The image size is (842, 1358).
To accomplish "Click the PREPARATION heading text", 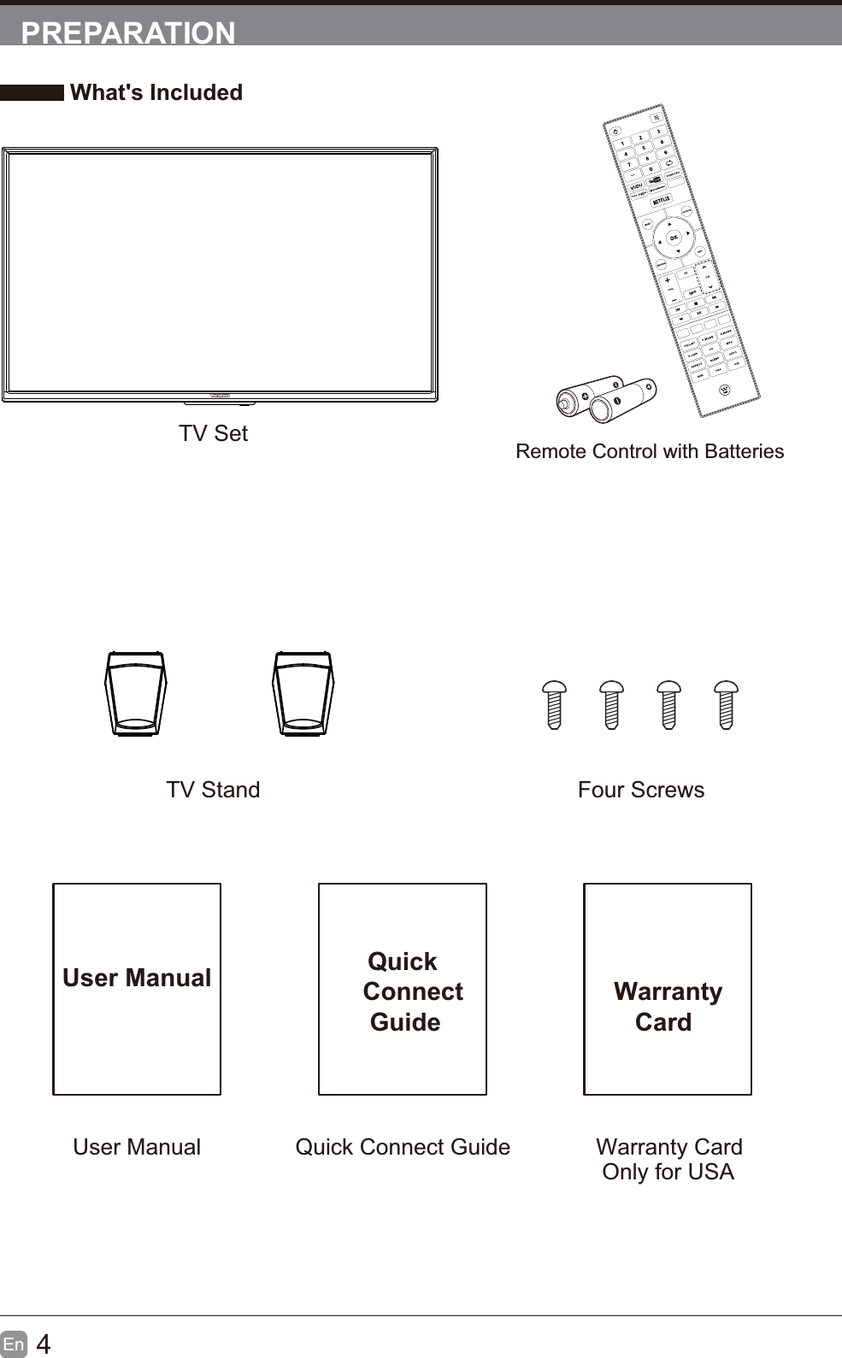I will pyautogui.click(x=128, y=32).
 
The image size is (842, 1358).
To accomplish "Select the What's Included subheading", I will pyautogui.click(x=156, y=92).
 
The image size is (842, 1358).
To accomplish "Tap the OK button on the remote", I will pyautogui.click(x=674, y=238).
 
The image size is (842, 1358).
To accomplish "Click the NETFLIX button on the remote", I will pyautogui.click(x=662, y=201).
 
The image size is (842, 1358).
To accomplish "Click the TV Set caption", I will pyautogui.click(x=213, y=433).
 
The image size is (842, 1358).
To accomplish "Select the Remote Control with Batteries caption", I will pyautogui.click(x=650, y=451).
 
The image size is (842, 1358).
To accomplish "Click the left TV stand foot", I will pyautogui.click(x=135, y=693).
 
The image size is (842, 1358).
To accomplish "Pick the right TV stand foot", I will pyautogui.click(x=303, y=693).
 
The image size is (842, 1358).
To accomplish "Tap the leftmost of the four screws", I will pyautogui.click(x=555, y=704).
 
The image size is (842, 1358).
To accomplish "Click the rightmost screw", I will pyautogui.click(x=726, y=704).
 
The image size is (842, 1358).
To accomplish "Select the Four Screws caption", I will pyautogui.click(x=641, y=790).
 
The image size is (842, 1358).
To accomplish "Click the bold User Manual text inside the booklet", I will pyautogui.click(x=137, y=978).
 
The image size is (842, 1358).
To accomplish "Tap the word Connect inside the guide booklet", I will pyautogui.click(x=413, y=991).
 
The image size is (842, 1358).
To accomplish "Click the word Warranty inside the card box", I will pyautogui.click(x=668, y=991).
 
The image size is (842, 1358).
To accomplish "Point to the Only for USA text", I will pyautogui.click(x=668, y=1172).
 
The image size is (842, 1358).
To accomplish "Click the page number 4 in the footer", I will pyautogui.click(x=44, y=1344).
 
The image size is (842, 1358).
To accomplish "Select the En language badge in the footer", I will pyautogui.click(x=14, y=1344).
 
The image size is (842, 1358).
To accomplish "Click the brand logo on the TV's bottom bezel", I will pyautogui.click(x=220, y=396).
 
